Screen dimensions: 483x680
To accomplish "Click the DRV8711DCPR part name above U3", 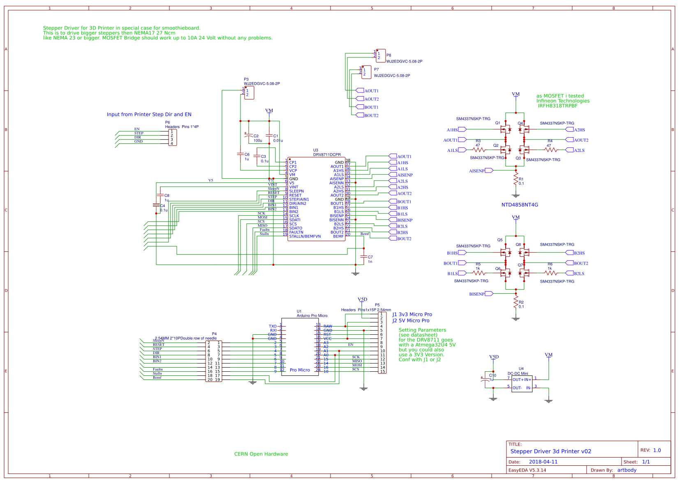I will [327, 155].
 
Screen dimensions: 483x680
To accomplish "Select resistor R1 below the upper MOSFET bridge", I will [516, 179].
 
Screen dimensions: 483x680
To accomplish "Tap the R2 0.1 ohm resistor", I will [516, 303].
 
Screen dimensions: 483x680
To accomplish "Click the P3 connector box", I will [249, 92].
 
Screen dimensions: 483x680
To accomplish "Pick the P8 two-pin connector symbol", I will [381, 55].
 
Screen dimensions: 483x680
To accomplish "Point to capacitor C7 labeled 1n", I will [363, 257].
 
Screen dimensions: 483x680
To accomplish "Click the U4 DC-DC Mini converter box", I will [522, 384].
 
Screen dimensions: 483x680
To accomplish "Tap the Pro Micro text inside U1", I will [300, 370].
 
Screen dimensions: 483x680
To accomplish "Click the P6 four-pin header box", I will [173, 137].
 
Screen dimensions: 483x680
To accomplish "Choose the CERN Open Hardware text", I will [261, 454].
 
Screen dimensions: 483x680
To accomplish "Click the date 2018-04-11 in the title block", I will [543, 462].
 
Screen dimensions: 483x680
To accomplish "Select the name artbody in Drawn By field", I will [627, 470].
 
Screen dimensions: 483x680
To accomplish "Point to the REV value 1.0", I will [657, 451].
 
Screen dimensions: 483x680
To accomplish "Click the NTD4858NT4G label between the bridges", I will [520, 205].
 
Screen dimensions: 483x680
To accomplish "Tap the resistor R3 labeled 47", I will [479, 150].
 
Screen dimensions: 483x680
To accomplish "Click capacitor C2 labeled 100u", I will [248, 135].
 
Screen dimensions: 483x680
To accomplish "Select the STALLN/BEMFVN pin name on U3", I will [305, 237].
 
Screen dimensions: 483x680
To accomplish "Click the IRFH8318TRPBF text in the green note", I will [557, 106].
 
